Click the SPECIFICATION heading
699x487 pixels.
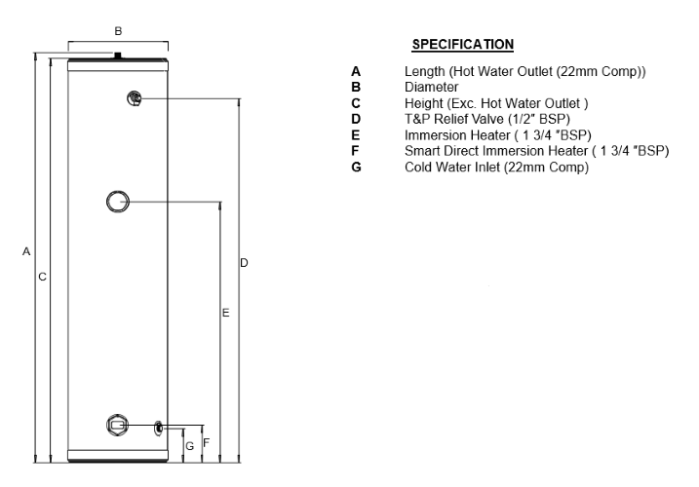pyautogui.click(x=462, y=44)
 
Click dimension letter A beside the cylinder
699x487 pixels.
pyautogui.click(x=26, y=251)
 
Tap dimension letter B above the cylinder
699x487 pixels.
pyautogui.click(x=118, y=31)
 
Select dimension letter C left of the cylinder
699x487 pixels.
pyautogui.click(x=42, y=277)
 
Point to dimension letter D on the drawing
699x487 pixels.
pyautogui.click(x=244, y=263)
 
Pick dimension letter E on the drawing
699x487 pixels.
pyautogui.click(x=225, y=313)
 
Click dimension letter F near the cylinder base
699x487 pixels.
pyautogui.click(x=207, y=443)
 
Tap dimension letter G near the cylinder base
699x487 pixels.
pyautogui.click(x=189, y=446)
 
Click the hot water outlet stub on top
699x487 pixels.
pyautogui.click(x=118, y=56)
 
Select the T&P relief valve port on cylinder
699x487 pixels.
pyautogui.click(x=135, y=98)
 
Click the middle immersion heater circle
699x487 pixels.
pyautogui.click(x=118, y=202)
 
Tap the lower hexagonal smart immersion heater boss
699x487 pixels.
pyautogui.click(x=117, y=425)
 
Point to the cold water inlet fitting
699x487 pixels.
pyautogui.click(x=159, y=428)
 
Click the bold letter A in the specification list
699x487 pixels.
pyautogui.click(x=355, y=71)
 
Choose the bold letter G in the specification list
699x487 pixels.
pyautogui.click(x=356, y=168)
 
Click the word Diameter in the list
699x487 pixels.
pyautogui.click(x=431, y=87)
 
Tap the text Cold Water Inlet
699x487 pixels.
pyautogui.click(x=452, y=168)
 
